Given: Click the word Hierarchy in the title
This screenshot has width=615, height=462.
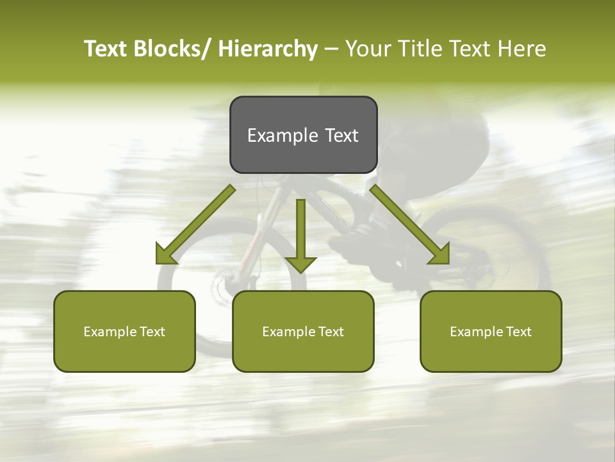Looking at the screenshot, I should (x=268, y=49).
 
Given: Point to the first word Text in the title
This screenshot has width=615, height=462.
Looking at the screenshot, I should (x=106, y=49).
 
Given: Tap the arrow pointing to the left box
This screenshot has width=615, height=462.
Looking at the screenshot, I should (x=195, y=225).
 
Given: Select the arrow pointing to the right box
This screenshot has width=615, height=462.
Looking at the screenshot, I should (x=410, y=225).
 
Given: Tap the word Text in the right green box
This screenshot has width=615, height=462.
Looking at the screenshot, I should (x=518, y=332).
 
